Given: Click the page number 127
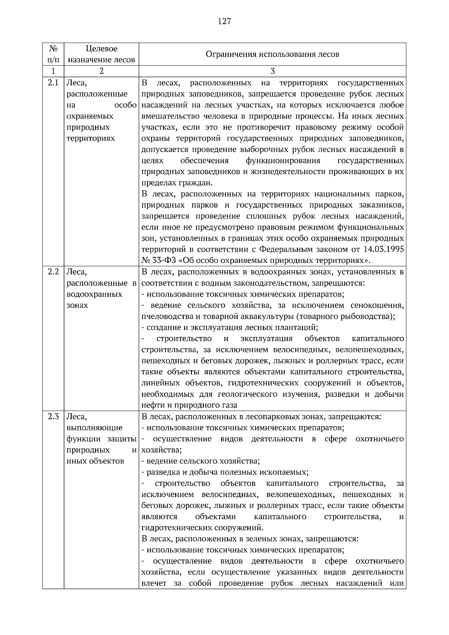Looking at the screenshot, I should tap(224, 21).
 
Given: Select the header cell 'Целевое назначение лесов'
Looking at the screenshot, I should tap(101, 54).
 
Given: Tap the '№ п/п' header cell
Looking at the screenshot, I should tap(53, 54).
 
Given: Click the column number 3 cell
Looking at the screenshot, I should tap(272, 71).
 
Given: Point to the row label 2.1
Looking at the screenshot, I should tap(53, 83).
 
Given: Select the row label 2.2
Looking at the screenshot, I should tap(53, 272).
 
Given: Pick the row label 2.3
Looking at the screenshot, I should tap(53, 417).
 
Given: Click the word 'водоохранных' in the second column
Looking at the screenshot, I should tap(94, 294).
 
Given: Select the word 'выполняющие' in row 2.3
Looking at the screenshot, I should tap(94, 427).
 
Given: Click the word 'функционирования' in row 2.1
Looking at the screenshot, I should tap(283, 161).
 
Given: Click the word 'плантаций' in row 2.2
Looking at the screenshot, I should tap(300, 328).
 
